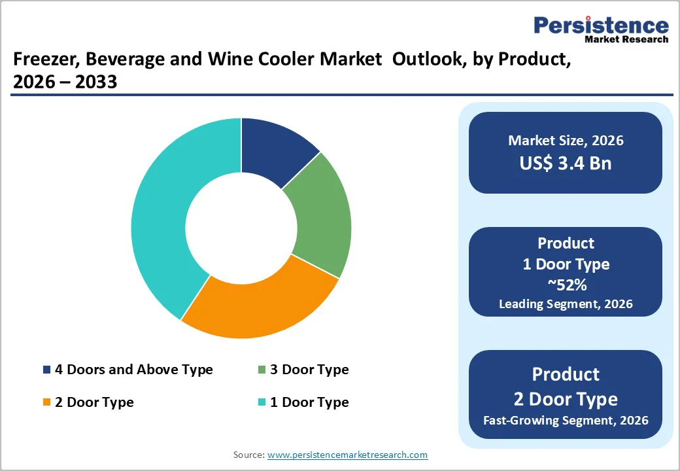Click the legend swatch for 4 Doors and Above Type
46,370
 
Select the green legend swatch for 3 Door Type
262,370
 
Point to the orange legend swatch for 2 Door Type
46,402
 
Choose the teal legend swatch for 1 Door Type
262,402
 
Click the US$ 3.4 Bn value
566,163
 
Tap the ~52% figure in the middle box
566,285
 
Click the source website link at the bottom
347,455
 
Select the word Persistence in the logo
601,26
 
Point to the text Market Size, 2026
566,140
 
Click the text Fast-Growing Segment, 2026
566,420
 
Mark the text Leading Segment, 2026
566,304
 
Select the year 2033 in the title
95,82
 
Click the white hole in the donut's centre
241,228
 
